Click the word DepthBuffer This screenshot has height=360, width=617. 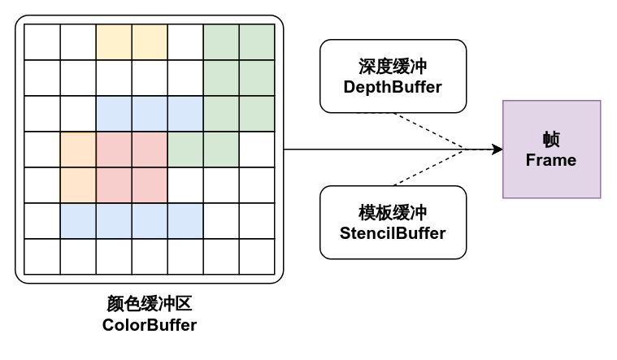(393, 86)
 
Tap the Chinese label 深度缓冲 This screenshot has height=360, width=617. (393, 67)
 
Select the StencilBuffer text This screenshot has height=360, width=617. (393, 233)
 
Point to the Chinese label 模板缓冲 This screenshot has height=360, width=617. (393, 213)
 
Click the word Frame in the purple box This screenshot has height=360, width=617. (551, 159)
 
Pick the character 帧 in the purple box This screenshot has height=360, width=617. (551, 139)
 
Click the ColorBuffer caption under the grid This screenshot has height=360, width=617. (150, 325)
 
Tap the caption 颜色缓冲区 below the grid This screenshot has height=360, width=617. (150, 305)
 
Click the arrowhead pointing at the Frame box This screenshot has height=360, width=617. (497, 150)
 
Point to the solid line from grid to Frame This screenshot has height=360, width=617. (366, 150)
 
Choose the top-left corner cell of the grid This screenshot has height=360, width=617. (42, 42)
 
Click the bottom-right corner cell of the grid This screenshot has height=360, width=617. (257, 257)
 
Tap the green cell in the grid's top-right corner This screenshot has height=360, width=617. (257, 42)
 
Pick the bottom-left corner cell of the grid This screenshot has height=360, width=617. (42, 257)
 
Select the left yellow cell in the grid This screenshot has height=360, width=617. (114, 42)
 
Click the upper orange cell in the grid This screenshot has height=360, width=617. (78, 150)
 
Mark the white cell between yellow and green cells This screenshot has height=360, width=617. (185, 42)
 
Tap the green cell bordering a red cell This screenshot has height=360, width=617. (185, 150)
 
